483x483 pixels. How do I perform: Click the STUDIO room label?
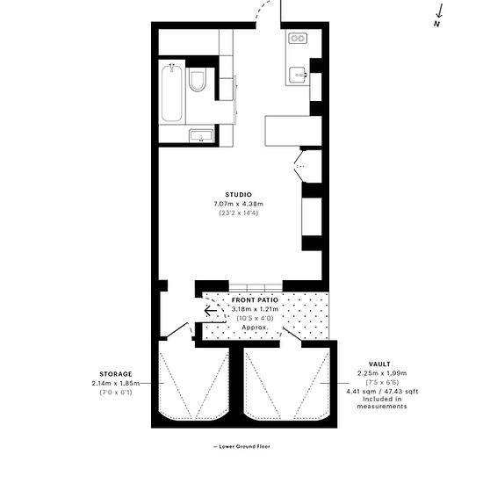238,194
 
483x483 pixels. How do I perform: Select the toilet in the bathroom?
198,82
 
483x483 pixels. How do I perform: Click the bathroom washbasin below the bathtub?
201,135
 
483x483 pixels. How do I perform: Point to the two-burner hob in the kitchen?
298,39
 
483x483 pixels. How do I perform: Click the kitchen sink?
299,75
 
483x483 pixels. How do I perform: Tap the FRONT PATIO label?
256,300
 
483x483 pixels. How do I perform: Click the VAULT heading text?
380,364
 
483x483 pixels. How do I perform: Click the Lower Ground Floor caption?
241,447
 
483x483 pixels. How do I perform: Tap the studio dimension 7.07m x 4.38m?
238,204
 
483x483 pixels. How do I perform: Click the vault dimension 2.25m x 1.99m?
380,372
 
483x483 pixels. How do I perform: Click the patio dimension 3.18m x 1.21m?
256,309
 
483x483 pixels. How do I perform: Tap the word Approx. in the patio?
256,328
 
